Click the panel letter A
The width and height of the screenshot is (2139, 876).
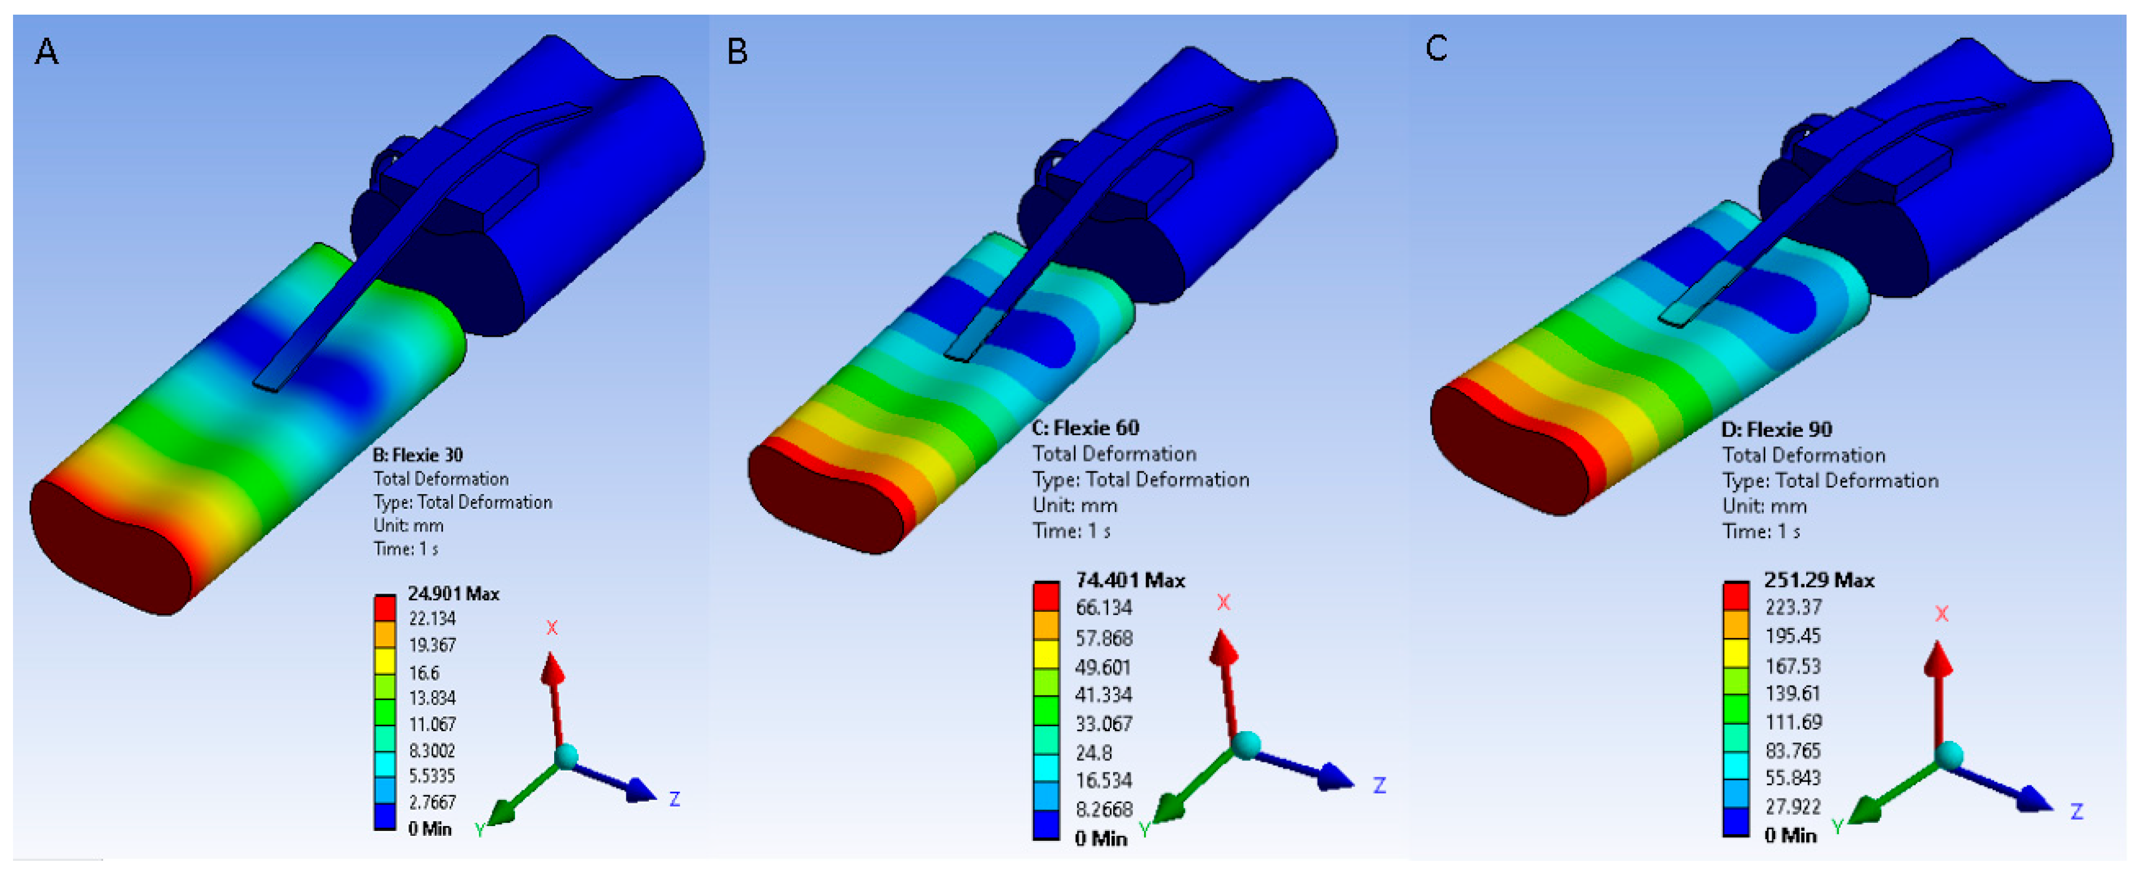click(47, 52)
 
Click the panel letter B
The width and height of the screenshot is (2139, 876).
click(737, 52)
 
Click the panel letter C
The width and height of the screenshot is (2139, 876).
click(1436, 48)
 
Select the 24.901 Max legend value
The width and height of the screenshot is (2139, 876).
click(453, 594)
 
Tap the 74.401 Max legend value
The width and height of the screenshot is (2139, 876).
click(1130, 580)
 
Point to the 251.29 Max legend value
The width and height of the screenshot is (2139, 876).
click(1819, 580)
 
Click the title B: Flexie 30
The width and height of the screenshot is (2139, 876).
click(417, 455)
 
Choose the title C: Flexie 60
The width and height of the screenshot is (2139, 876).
click(1085, 427)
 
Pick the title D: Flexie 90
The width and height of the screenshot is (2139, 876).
click(1777, 429)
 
